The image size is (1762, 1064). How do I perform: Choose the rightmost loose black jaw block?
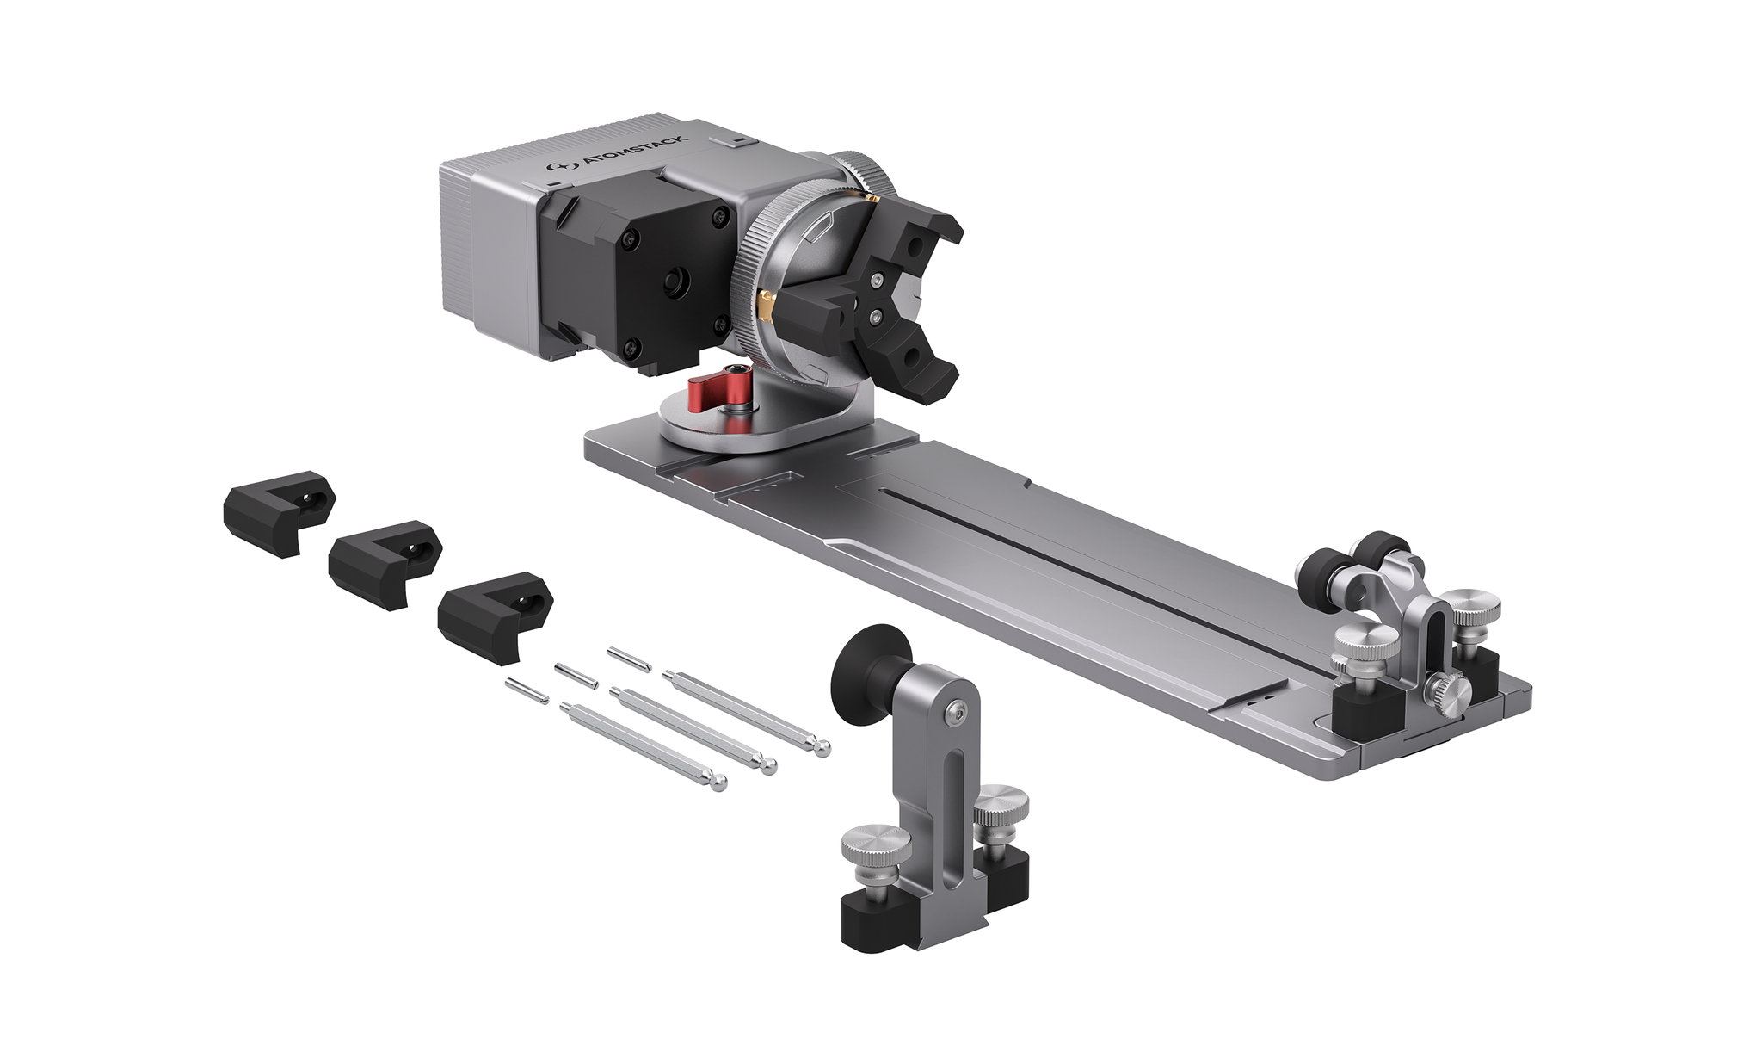point(495,615)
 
